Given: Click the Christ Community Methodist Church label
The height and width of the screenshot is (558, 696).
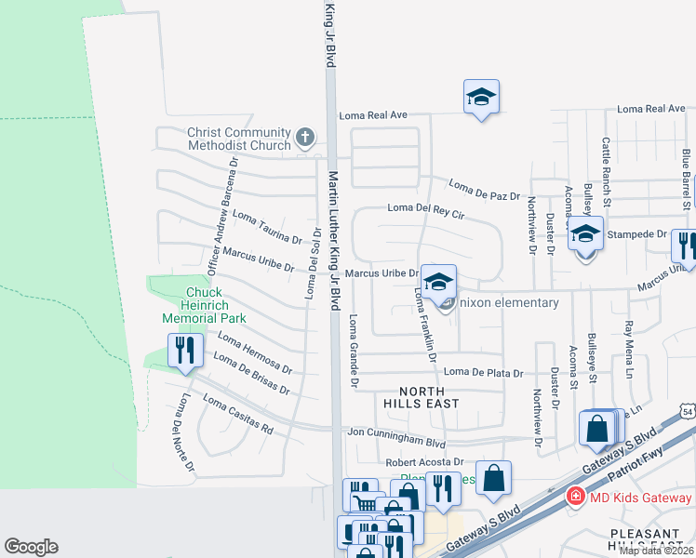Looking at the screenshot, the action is [x=238, y=139].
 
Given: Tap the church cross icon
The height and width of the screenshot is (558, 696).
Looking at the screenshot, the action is [x=304, y=139].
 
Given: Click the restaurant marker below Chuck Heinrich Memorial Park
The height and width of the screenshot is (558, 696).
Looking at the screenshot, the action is [x=184, y=352].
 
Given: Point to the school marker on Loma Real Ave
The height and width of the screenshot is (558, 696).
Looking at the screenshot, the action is [x=481, y=98].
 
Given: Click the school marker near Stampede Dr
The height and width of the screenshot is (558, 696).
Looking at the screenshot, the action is [x=585, y=236].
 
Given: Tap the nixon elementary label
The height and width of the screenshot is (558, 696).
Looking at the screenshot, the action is [x=511, y=302].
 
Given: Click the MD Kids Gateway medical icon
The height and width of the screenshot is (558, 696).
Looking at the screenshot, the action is [x=575, y=497].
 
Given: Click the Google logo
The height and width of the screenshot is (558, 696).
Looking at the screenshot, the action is [x=31, y=547].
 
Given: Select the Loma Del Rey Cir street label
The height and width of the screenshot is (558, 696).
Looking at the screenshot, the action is [x=425, y=210].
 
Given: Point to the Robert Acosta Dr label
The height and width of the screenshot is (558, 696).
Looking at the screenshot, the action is [x=424, y=462].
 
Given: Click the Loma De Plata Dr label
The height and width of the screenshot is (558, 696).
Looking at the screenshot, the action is [x=483, y=373].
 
